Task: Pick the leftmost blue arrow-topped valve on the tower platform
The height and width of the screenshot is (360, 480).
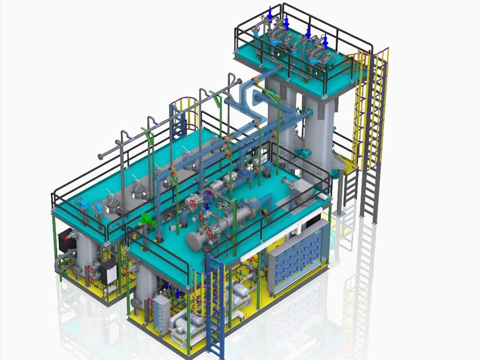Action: [x=270, y=13]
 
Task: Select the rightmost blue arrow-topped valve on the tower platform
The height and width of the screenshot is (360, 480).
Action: [x=325, y=41]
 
